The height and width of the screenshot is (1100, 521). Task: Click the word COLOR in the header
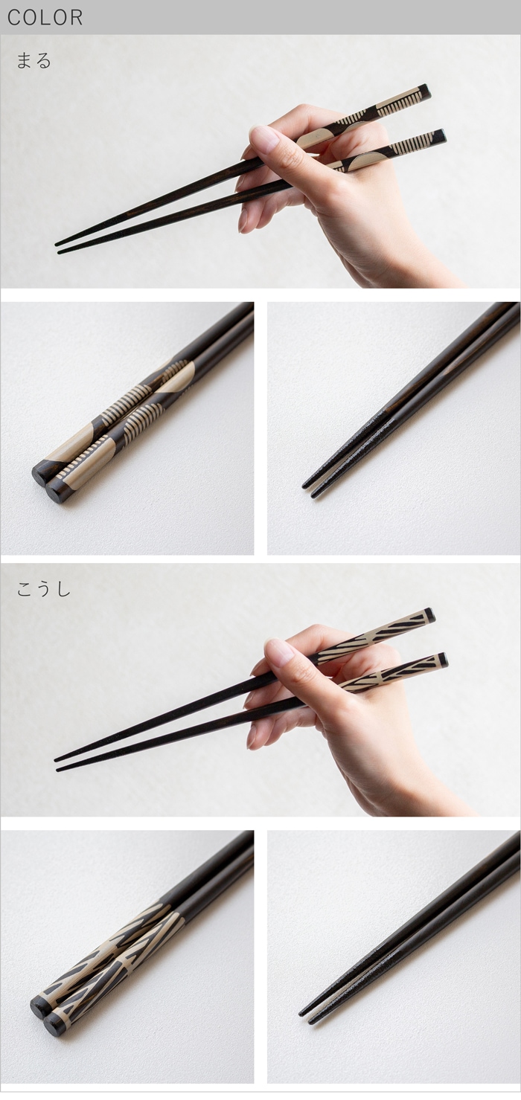click(x=45, y=18)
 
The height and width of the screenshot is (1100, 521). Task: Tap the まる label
click(x=34, y=61)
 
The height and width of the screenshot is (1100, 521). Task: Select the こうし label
click(x=44, y=589)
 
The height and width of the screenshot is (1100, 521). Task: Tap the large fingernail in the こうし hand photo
click(x=280, y=652)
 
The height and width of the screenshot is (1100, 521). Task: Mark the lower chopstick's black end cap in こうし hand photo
click(x=443, y=660)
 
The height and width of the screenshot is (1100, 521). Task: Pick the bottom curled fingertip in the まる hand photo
click(x=244, y=219)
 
